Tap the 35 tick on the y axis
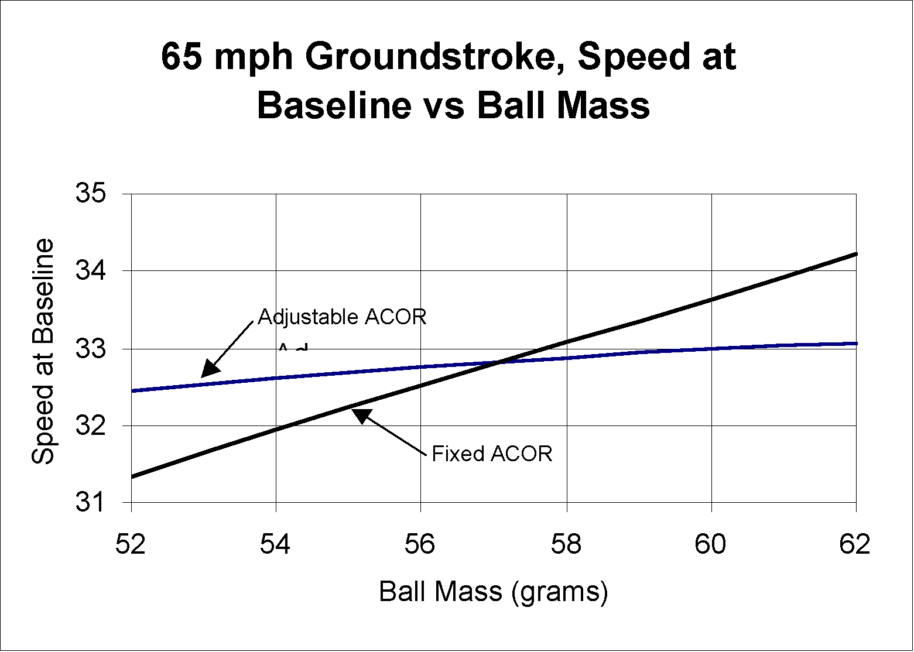coord(91,193)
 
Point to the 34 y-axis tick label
coord(91,271)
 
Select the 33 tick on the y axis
coord(91,349)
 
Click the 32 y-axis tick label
coord(91,425)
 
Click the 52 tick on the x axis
coord(131,544)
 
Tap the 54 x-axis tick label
coord(276,544)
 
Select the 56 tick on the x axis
coord(421,544)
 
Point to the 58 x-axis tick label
coord(566,544)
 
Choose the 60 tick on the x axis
coord(711,544)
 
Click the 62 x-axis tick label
coord(855,544)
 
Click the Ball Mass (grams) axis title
coord(494,592)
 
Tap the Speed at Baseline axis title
coord(42,351)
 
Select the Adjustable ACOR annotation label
coord(342,317)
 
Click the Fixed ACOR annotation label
coord(492,454)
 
